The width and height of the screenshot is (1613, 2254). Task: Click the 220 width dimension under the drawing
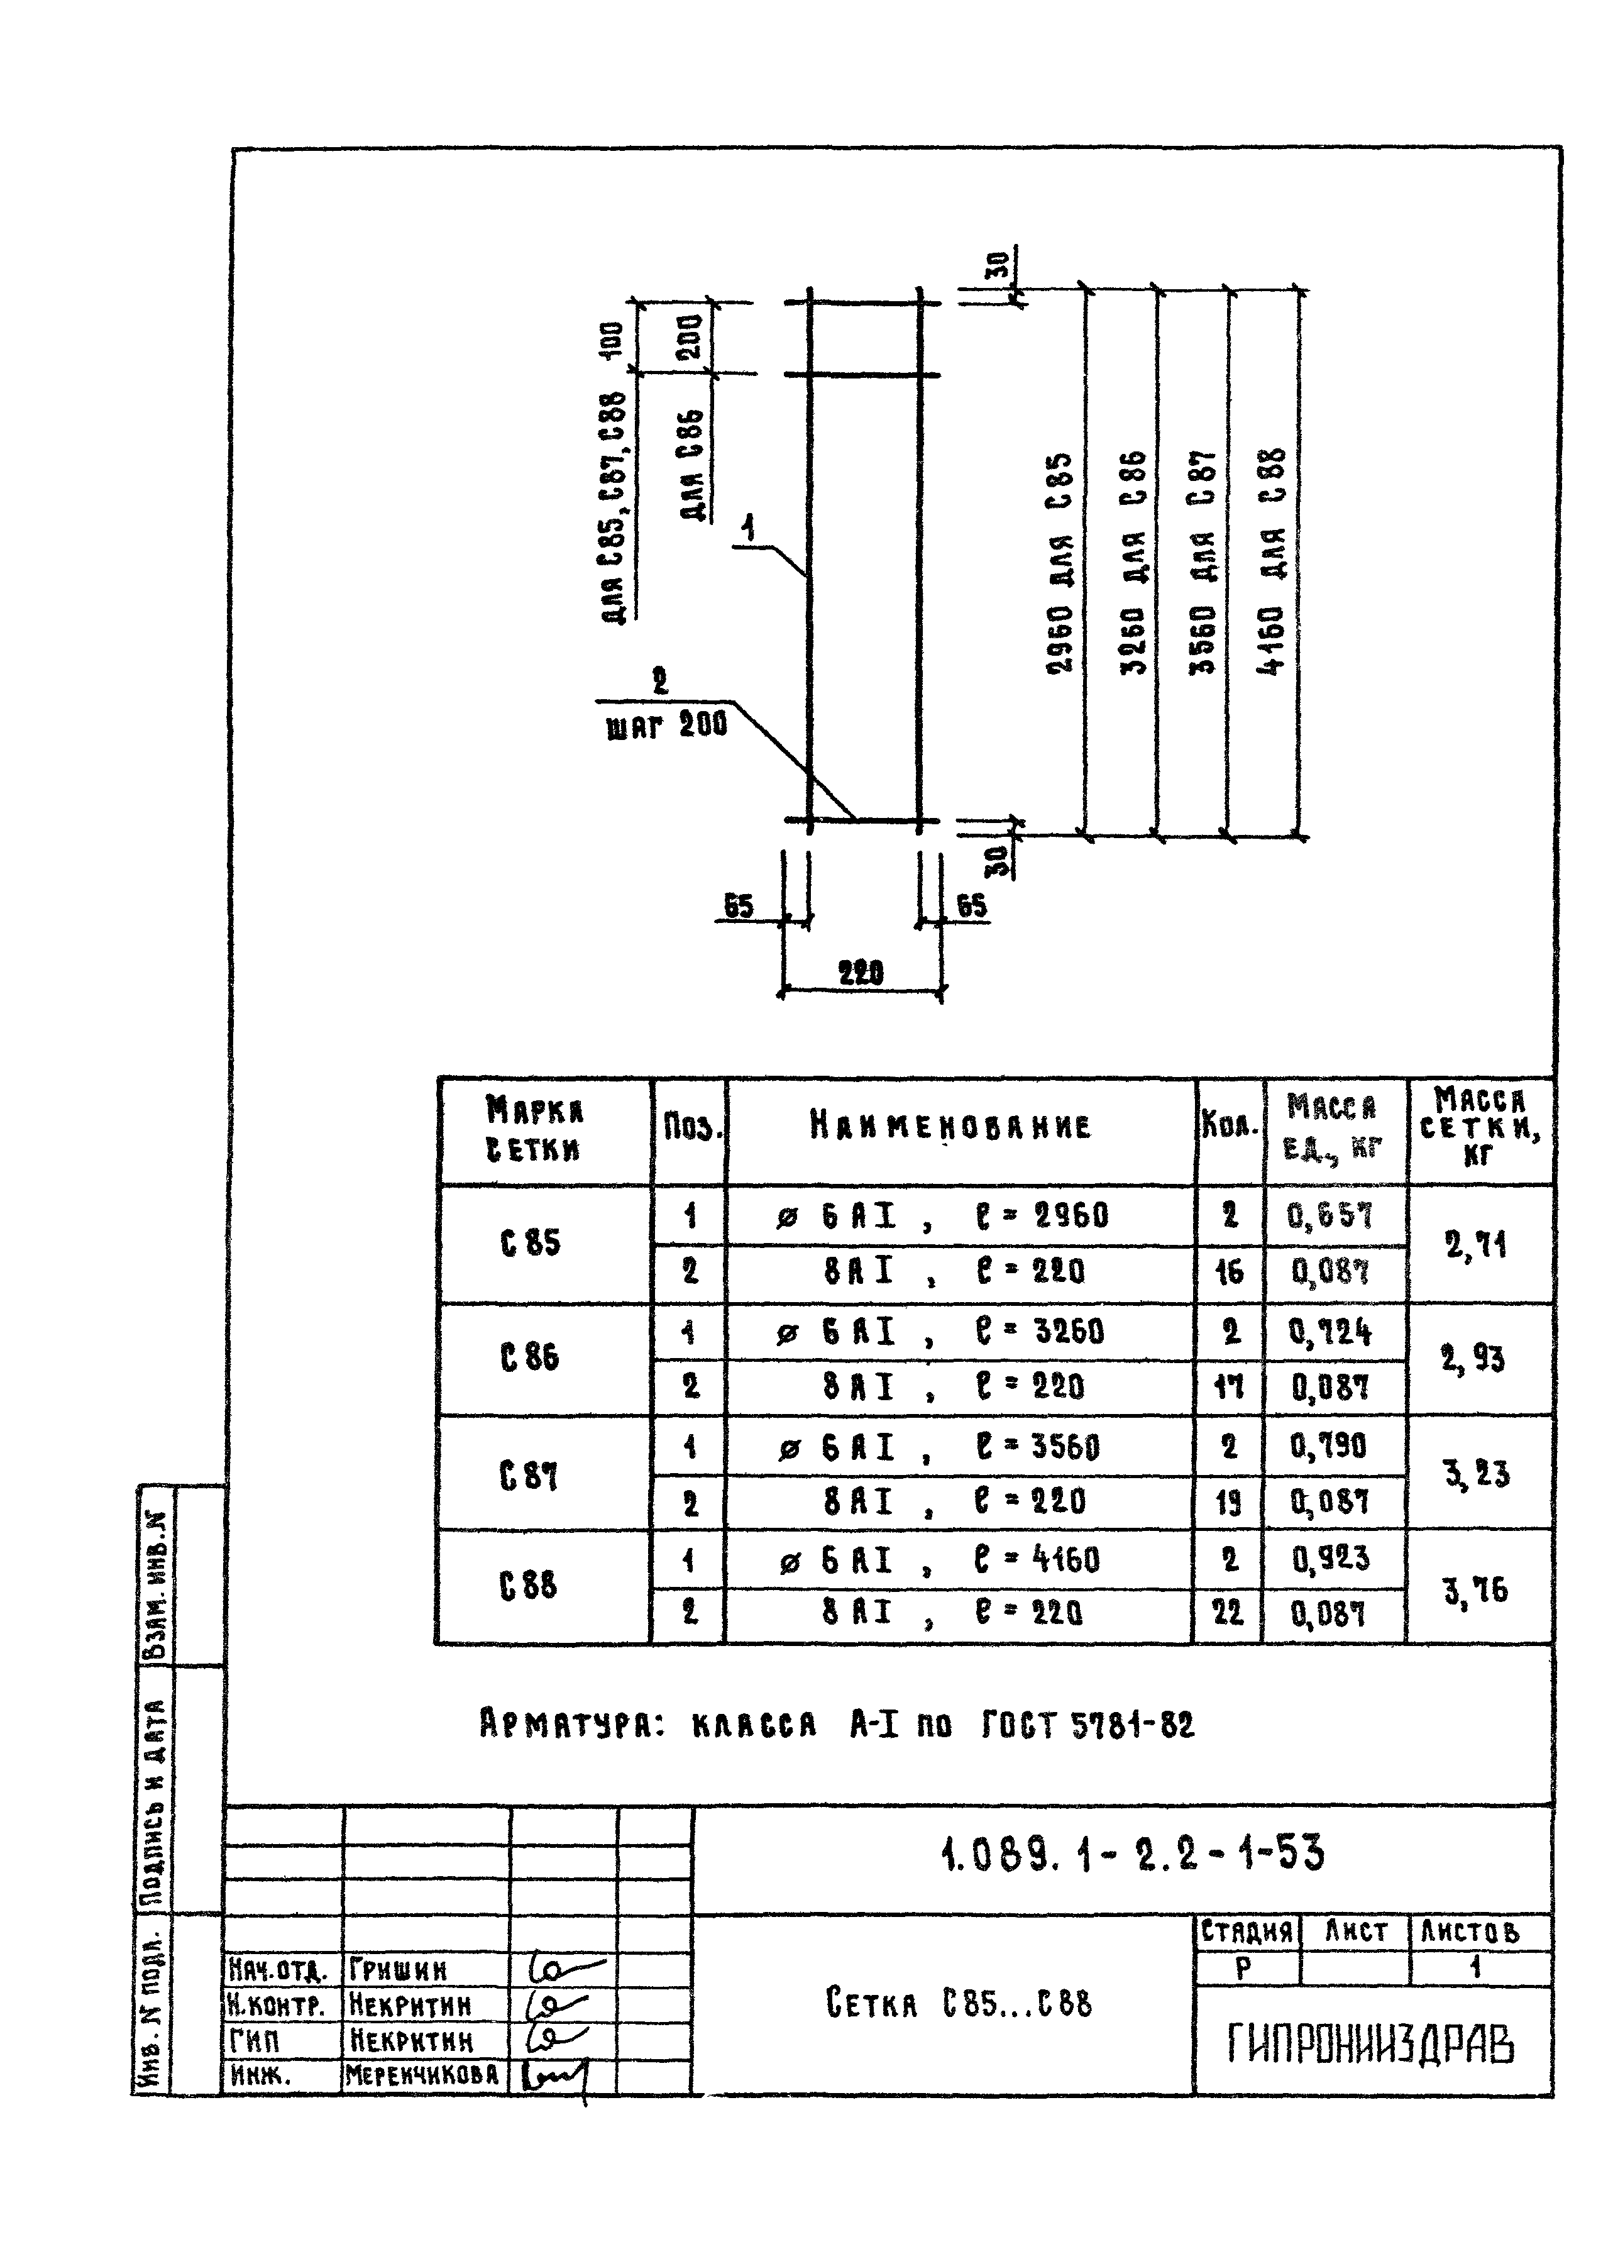coord(860,973)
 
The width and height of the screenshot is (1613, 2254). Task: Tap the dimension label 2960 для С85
coord(1060,563)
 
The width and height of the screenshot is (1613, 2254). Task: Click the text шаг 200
coord(666,724)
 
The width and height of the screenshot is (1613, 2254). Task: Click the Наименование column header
coord(950,1127)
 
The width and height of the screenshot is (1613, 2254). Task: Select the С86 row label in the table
coord(531,1357)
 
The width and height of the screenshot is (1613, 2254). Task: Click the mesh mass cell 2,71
coord(1476,1243)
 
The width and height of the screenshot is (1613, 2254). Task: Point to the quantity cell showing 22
coord(1229,1612)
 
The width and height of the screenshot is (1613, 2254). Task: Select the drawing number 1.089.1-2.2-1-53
coord(1131,1853)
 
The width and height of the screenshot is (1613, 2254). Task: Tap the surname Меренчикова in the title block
coord(422,2075)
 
